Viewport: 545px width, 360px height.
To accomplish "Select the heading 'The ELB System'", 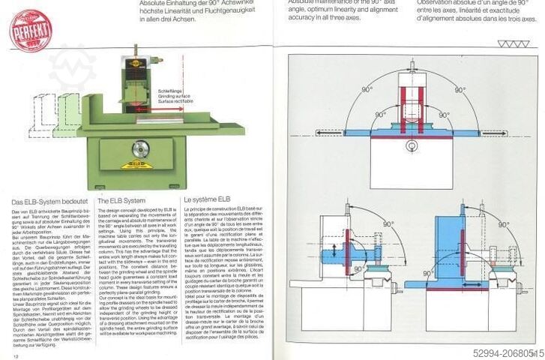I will coord(121,202).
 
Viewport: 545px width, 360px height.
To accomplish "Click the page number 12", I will coord(16,354).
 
